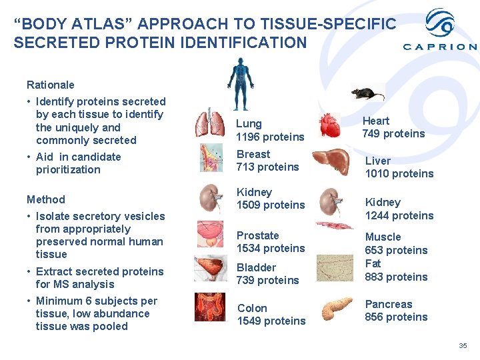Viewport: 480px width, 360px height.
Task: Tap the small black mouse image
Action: click(367, 94)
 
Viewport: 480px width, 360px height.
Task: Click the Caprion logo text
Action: click(440, 47)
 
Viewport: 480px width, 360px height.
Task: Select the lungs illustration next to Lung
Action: click(209, 123)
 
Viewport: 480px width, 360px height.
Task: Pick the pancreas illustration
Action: click(337, 309)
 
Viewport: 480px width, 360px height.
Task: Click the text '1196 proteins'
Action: click(270, 137)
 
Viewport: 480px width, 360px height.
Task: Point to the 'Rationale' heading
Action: click(51, 85)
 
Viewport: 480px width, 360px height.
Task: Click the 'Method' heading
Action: click(46, 199)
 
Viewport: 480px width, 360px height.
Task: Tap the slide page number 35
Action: click(463, 345)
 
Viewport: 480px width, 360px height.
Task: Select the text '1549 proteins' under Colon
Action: click(271, 321)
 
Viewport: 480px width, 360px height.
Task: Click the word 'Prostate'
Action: click(257, 235)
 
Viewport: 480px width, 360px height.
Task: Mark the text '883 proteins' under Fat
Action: click(396, 277)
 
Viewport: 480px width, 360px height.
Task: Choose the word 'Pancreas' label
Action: click(389, 304)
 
